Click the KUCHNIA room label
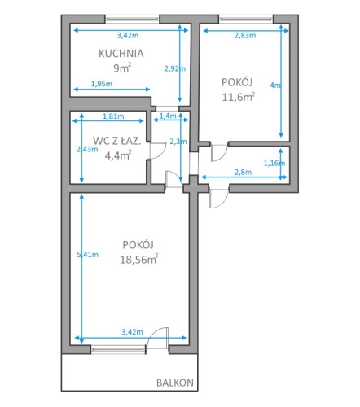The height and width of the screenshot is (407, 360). (x=121, y=54)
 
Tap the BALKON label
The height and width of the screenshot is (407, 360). (x=175, y=383)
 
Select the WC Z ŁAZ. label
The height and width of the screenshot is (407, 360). (x=117, y=141)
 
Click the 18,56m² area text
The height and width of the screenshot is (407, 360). (x=139, y=259)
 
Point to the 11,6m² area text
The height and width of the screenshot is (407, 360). (x=239, y=97)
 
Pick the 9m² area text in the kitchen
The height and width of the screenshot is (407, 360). (x=122, y=68)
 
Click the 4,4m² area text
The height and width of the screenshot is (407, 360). (x=118, y=155)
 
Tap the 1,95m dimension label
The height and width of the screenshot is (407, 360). (x=102, y=84)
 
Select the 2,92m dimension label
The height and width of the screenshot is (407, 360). (x=175, y=68)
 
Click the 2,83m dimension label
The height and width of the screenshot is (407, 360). (x=245, y=35)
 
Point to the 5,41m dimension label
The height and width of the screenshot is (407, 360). (x=88, y=255)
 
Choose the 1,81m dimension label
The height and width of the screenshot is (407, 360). (x=113, y=116)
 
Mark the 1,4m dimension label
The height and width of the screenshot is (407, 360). (x=168, y=116)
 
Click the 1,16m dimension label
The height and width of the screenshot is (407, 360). (x=274, y=163)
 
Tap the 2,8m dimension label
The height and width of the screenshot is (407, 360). (x=243, y=172)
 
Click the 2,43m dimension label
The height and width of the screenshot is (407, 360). (x=87, y=149)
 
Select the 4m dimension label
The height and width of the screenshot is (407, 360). (x=275, y=85)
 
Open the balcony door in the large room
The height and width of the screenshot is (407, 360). (x=157, y=338)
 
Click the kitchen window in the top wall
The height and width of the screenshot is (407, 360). (x=132, y=19)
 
